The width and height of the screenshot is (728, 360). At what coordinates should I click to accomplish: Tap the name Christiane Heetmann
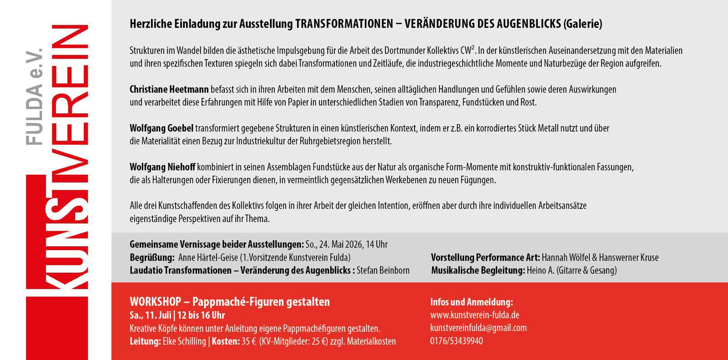click(169, 89)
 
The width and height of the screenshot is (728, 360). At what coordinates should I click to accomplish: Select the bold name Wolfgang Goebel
click(161, 128)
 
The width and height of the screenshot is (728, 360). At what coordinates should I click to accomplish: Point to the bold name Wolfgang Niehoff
click(162, 167)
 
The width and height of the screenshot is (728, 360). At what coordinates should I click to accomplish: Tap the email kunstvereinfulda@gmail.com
click(478, 328)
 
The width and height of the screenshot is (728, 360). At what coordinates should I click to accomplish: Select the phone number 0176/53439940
click(456, 341)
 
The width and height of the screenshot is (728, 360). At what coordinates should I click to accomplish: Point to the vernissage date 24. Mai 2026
click(341, 244)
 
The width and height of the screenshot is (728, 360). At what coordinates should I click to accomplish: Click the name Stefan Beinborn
click(383, 270)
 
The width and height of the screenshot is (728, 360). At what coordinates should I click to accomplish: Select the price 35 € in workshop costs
click(248, 341)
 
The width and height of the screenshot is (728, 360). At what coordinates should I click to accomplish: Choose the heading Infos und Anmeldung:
click(471, 302)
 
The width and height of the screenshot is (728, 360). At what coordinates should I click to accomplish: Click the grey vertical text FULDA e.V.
click(34, 96)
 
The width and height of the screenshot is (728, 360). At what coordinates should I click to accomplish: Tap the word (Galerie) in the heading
click(582, 24)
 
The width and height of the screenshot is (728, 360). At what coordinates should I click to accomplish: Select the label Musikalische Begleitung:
click(478, 270)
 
